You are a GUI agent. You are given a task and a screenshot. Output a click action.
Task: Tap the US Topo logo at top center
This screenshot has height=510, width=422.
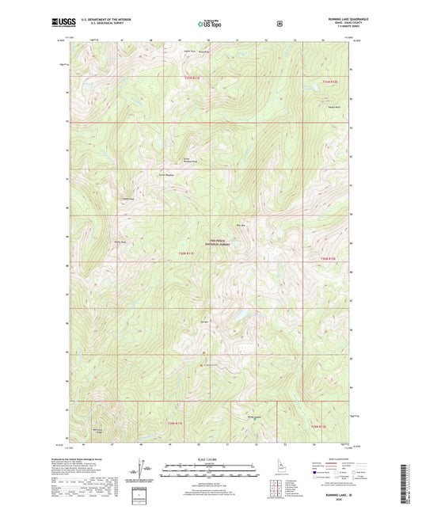[209, 24]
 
